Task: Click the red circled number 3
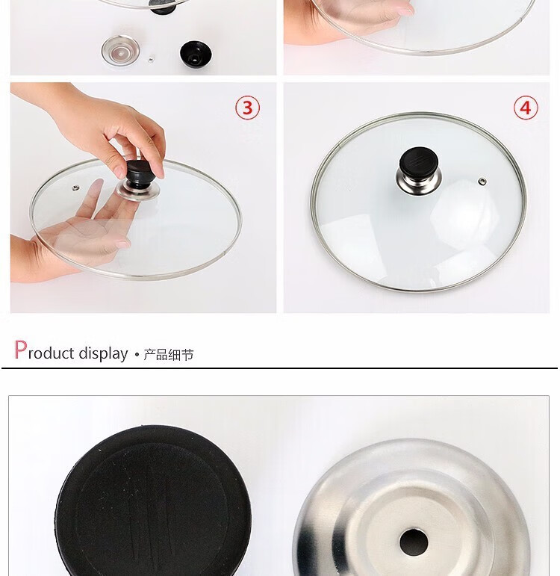coord(247,108)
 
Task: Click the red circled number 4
coord(526,108)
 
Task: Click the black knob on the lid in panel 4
coord(418,161)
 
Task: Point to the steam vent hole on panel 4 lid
coord(482,181)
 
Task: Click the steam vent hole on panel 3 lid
coord(75,188)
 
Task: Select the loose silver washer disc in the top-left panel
coord(120,51)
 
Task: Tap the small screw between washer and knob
coord(151,58)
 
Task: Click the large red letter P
coord(21,350)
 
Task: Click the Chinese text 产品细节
coord(168,354)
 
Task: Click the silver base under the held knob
coord(138,191)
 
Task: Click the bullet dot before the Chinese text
coord(137,355)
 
